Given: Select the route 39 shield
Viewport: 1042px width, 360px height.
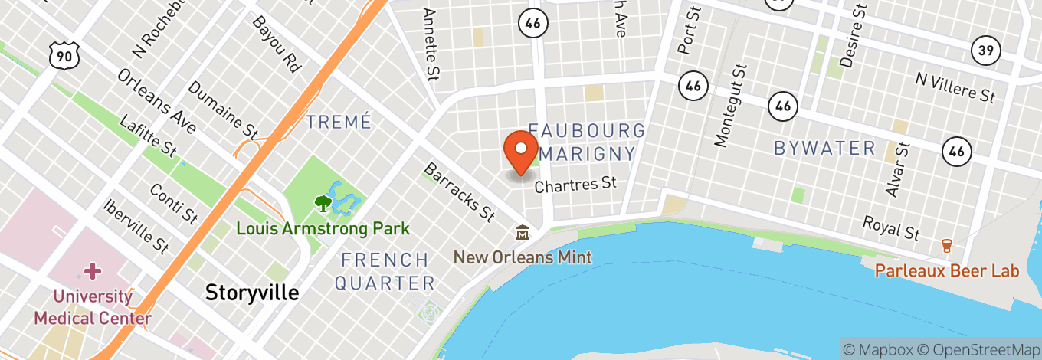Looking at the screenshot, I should (985, 51).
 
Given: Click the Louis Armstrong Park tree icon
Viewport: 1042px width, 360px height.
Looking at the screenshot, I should (323, 204).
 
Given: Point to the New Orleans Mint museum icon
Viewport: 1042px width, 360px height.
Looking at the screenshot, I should (523, 232).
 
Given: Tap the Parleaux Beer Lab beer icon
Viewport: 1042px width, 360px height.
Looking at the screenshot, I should (946, 246).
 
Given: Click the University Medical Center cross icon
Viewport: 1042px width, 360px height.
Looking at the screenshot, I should (93, 270).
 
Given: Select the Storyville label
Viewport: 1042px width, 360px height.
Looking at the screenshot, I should (252, 292).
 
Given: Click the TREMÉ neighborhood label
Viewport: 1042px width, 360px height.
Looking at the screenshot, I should (339, 122).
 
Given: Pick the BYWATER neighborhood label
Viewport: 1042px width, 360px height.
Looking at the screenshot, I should (824, 148).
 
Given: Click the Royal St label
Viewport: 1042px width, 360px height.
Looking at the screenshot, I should (891, 227).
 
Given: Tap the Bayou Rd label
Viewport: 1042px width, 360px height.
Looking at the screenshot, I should (276, 45).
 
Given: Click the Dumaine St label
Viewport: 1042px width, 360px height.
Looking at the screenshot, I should (223, 106).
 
